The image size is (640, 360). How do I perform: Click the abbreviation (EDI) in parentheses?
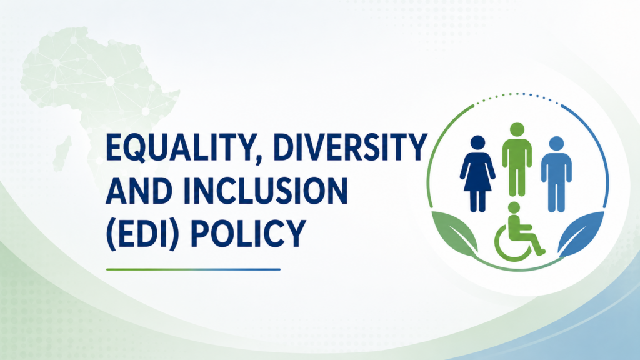142,234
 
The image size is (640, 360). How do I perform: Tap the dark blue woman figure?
477,174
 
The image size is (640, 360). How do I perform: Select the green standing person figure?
517,159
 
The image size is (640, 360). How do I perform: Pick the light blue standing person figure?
556,174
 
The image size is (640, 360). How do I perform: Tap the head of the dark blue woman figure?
477,142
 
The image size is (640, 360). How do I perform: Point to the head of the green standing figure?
517,129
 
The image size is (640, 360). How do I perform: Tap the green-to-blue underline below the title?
193,269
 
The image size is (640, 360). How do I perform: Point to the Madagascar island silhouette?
62,154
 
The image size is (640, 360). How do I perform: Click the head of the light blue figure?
556,144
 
